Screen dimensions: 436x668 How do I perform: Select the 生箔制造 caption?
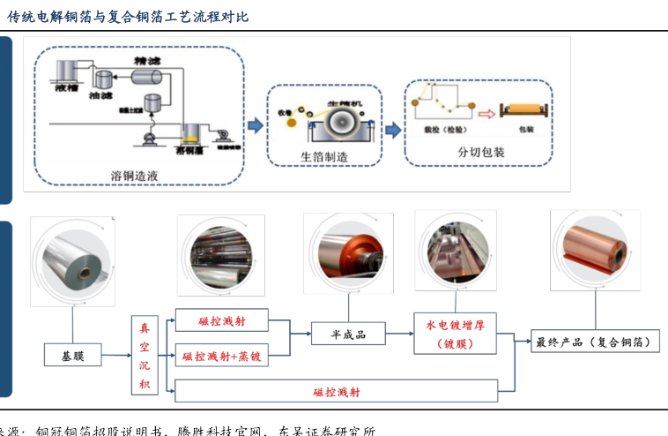[x=324, y=157]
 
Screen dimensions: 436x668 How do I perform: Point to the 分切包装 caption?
[x=480, y=152]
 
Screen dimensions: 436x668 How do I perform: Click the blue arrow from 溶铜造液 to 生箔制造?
[x=255, y=126]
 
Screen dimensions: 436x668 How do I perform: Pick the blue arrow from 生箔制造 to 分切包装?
[x=393, y=125]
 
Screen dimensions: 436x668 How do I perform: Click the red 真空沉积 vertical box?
[x=145, y=356]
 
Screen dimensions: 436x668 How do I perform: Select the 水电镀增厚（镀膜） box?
[x=455, y=333]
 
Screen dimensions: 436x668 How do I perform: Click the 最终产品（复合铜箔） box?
[x=596, y=342]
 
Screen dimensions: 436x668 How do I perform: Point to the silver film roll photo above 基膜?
[x=72, y=261]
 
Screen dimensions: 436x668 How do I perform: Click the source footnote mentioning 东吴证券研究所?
[x=189, y=431]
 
